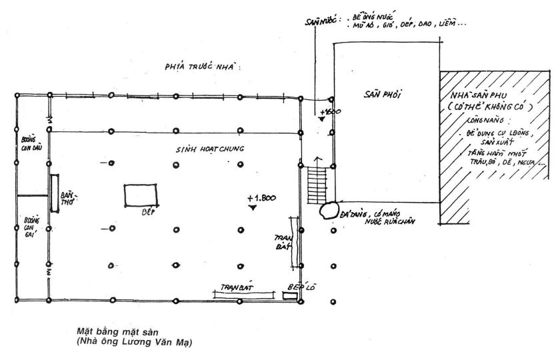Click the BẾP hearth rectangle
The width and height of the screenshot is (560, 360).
pos(141,195)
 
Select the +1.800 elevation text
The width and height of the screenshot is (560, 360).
pos(261,198)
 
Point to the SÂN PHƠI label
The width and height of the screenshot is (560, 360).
pos(387,95)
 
